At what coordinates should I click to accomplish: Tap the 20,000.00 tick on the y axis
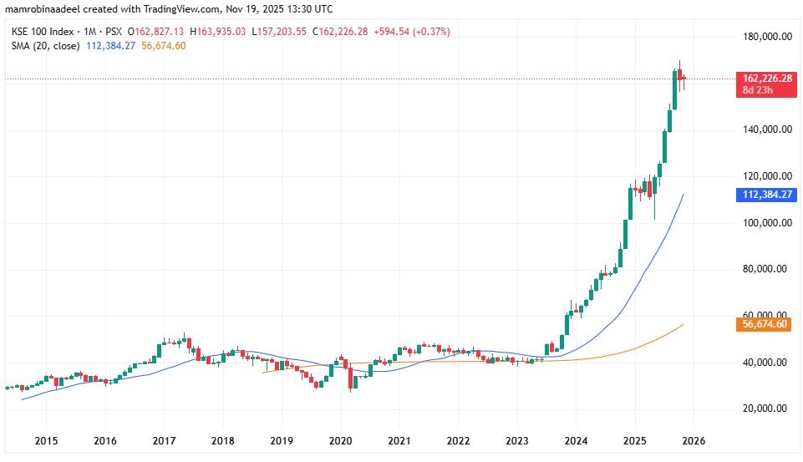768,409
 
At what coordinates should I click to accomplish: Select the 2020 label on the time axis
340,439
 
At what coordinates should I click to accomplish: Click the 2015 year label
46,439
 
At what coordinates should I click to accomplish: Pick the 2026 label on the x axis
694,439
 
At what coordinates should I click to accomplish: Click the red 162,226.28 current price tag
763,79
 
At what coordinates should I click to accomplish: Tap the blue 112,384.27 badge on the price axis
763,194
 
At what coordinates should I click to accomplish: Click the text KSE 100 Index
39,32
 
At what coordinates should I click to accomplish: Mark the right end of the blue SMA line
684,195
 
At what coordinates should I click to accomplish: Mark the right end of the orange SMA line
684,324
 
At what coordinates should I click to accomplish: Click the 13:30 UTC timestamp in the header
307,8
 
